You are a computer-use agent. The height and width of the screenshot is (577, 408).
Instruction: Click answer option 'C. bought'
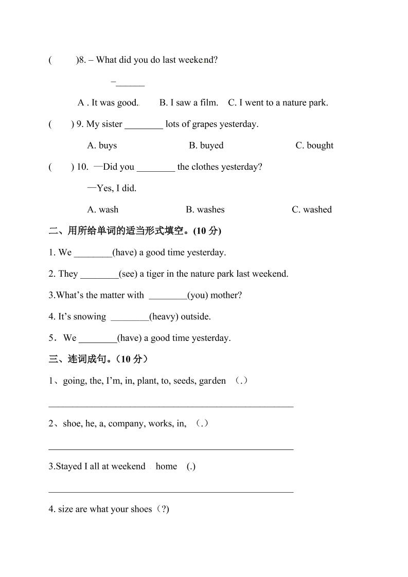click(x=314, y=146)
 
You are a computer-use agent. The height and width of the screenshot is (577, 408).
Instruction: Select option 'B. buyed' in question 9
click(x=206, y=146)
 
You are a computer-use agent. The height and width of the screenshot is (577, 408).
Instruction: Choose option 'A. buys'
click(x=102, y=146)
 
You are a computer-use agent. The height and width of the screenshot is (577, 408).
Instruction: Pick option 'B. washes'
click(x=205, y=209)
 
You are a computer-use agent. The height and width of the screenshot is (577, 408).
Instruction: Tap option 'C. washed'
click(x=312, y=209)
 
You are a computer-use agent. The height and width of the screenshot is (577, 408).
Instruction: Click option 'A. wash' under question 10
click(x=103, y=209)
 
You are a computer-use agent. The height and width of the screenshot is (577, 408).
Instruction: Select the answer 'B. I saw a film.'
click(x=189, y=102)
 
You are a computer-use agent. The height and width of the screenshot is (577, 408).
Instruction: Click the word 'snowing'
click(x=90, y=316)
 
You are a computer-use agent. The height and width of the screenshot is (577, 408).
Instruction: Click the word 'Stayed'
click(x=68, y=466)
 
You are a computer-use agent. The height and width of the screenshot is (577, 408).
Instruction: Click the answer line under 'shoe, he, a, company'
click(x=171, y=448)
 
